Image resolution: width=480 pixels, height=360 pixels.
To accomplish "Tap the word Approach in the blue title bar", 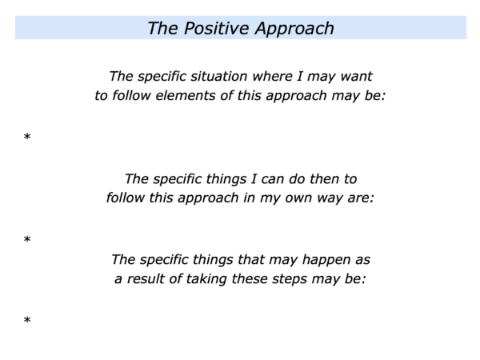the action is click(x=294, y=29).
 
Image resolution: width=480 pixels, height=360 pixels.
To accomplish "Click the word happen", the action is click(x=326, y=260).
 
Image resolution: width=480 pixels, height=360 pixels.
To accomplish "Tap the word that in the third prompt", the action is click(x=251, y=259).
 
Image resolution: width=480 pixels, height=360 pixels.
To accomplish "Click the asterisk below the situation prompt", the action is click(x=27, y=137).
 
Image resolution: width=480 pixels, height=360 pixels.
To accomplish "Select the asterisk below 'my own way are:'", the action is click(x=27, y=239).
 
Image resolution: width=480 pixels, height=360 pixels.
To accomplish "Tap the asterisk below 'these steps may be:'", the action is click(x=27, y=320).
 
